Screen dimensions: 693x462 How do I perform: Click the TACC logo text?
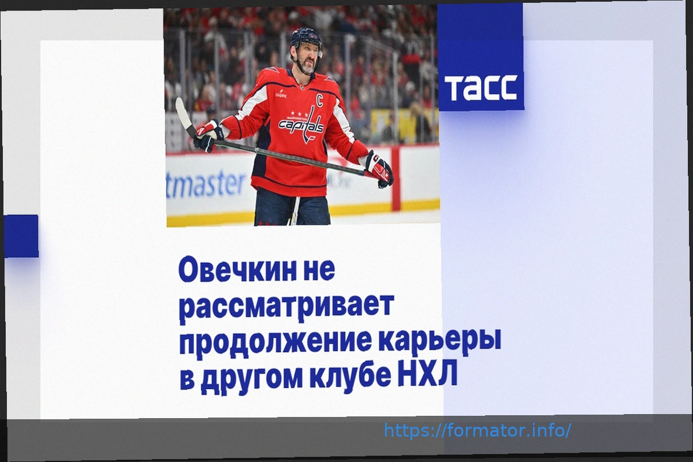[480, 88]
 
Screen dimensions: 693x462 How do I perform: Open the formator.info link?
[477, 430]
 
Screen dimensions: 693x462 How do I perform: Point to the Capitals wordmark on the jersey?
[301, 125]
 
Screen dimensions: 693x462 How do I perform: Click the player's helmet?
[305, 40]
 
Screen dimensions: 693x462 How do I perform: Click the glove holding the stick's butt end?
[379, 169]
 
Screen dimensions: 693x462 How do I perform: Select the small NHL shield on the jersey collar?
[301, 88]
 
